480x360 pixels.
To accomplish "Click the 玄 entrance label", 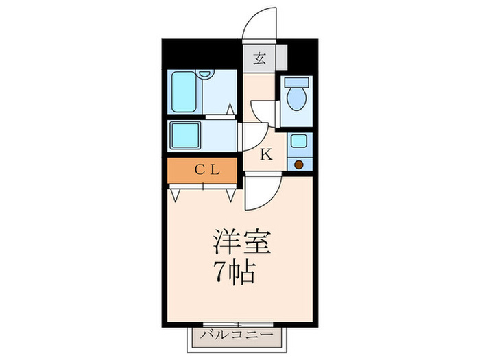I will pyautogui.click(x=260, y=58).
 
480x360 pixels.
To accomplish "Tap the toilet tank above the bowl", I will pyautogui.click(x=296, y=82).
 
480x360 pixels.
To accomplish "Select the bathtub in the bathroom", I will pyautogui.click(x=184, y=92).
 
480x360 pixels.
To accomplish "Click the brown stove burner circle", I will pyautogui.click(x=298, y=164).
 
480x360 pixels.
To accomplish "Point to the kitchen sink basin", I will pyautogui.click(x=298, y=142).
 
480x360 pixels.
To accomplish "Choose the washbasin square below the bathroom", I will pyautogui.click(x=185, y=135).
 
